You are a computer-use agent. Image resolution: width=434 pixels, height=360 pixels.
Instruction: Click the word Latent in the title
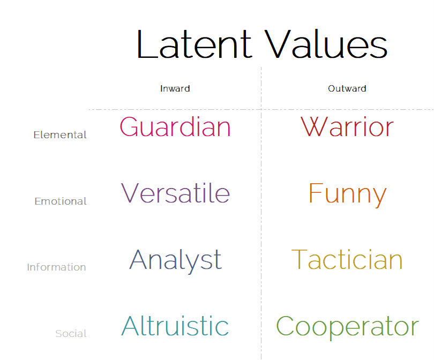[x=194, y=44]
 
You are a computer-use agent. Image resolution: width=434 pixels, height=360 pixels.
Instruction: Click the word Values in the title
[x=326, y=44]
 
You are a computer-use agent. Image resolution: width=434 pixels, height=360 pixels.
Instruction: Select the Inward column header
[x=175, y=88]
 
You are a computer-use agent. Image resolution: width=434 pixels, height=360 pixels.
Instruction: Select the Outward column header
[x=347, y=88]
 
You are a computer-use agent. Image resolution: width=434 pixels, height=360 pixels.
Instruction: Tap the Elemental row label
[x=60, y=135]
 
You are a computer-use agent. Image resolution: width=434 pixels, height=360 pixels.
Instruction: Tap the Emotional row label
[x=61, y=201]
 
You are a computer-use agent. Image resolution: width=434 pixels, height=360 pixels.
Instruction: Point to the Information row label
[x=56, y=267]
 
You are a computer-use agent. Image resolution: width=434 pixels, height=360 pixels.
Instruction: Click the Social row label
[x=71, y=333]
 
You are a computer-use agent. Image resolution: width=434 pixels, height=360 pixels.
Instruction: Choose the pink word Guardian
[x=175, y=127]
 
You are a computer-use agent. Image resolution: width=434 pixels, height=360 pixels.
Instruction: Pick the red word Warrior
[x=347, y=127]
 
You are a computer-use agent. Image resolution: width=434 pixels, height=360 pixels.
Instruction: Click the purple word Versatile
[x=176, y=193]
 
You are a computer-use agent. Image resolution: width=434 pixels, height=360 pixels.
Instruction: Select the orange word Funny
[x=347, y=195]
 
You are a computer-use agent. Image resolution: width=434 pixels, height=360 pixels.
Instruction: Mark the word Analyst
[x=176, y=261]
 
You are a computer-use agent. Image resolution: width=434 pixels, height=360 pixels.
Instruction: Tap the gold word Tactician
[x=347, y=259]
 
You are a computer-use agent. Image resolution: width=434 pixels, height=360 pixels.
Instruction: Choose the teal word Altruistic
[x=175, y=326]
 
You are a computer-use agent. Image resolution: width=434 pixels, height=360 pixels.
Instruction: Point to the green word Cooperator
[x=348, y=328]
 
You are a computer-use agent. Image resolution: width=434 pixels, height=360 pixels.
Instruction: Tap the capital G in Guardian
[x=129, y=127]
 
